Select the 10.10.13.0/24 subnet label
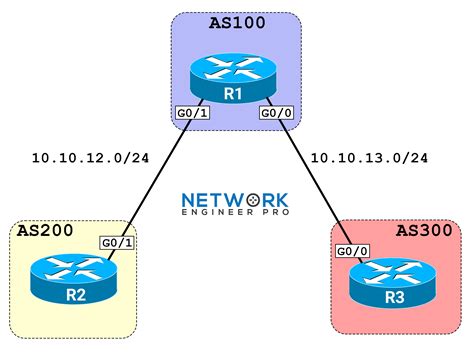[369, 159]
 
